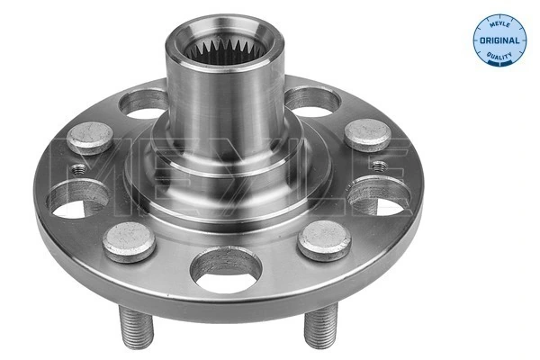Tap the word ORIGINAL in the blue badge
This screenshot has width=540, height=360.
pyautogui.click(x=499, y=41)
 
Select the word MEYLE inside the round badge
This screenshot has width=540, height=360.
pyautogui.click(x=499, y=25)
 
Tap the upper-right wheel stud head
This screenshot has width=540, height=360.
pyautogui.click(x=366, y=134)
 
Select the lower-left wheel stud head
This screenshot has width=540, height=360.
pyautogui.click(x=129, y=240)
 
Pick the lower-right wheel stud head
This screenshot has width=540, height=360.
pyautogui.click(x=325, y=240)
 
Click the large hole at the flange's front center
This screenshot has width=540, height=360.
pyautogui.click(x=228, y=269)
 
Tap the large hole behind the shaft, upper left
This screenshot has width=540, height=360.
pyautogui.click(x=144, y=102)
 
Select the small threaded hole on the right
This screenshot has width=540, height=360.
pyautogui.click(x=379, y=166)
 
